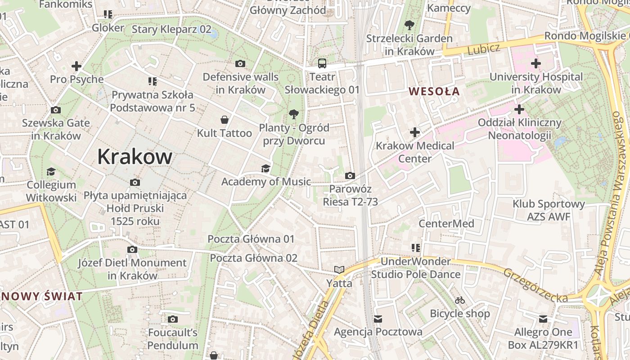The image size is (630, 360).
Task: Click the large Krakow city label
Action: click(135, 157)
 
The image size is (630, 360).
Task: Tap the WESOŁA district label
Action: click(434, 91)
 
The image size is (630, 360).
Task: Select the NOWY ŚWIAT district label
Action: click(42, 297)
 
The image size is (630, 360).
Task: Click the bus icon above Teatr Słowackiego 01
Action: click(322, 63)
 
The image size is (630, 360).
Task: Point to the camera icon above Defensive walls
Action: click(240, 64)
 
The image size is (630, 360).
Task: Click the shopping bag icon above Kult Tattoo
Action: click(224, 120)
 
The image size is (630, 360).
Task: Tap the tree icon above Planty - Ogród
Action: click(294, 114)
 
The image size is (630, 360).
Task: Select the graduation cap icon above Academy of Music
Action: click(266, 168)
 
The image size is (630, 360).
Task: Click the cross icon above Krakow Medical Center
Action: click(415, 132)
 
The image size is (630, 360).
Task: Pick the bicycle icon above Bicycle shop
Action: click(459, 300)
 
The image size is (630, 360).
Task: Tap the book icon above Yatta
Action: click(339, 270)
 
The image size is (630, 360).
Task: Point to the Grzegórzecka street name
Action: click(535, 286)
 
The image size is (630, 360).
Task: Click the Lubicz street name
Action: click(483, 49)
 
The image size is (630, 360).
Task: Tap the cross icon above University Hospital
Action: click(535, 63)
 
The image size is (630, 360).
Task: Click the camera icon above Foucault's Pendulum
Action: click(172, 319)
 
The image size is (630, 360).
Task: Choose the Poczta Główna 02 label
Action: click(254, 258)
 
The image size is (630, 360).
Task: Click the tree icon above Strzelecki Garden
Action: click(409, 25)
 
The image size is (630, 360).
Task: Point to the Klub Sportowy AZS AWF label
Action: click(549, 211)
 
